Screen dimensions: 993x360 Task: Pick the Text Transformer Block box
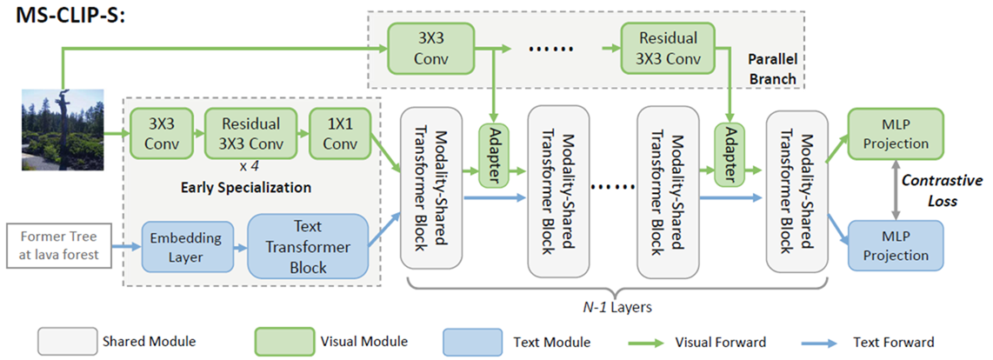pyautogui.click(x=309, y=247)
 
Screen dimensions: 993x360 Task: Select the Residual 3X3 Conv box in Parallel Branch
pyautogui.click(x=668, y=48)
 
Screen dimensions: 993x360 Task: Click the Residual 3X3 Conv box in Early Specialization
pyautogui.click(x=251, y=133)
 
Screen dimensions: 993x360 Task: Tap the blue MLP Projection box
pyautogui.click(x=896, y=246)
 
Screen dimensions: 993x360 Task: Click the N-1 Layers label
pyautogui.click(x=617, y=308)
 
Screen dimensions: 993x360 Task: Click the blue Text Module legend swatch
pyautogui.click(x=472, y=343)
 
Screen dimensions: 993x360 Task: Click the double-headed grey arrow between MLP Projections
pyautogui.click(x=896, y=190)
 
